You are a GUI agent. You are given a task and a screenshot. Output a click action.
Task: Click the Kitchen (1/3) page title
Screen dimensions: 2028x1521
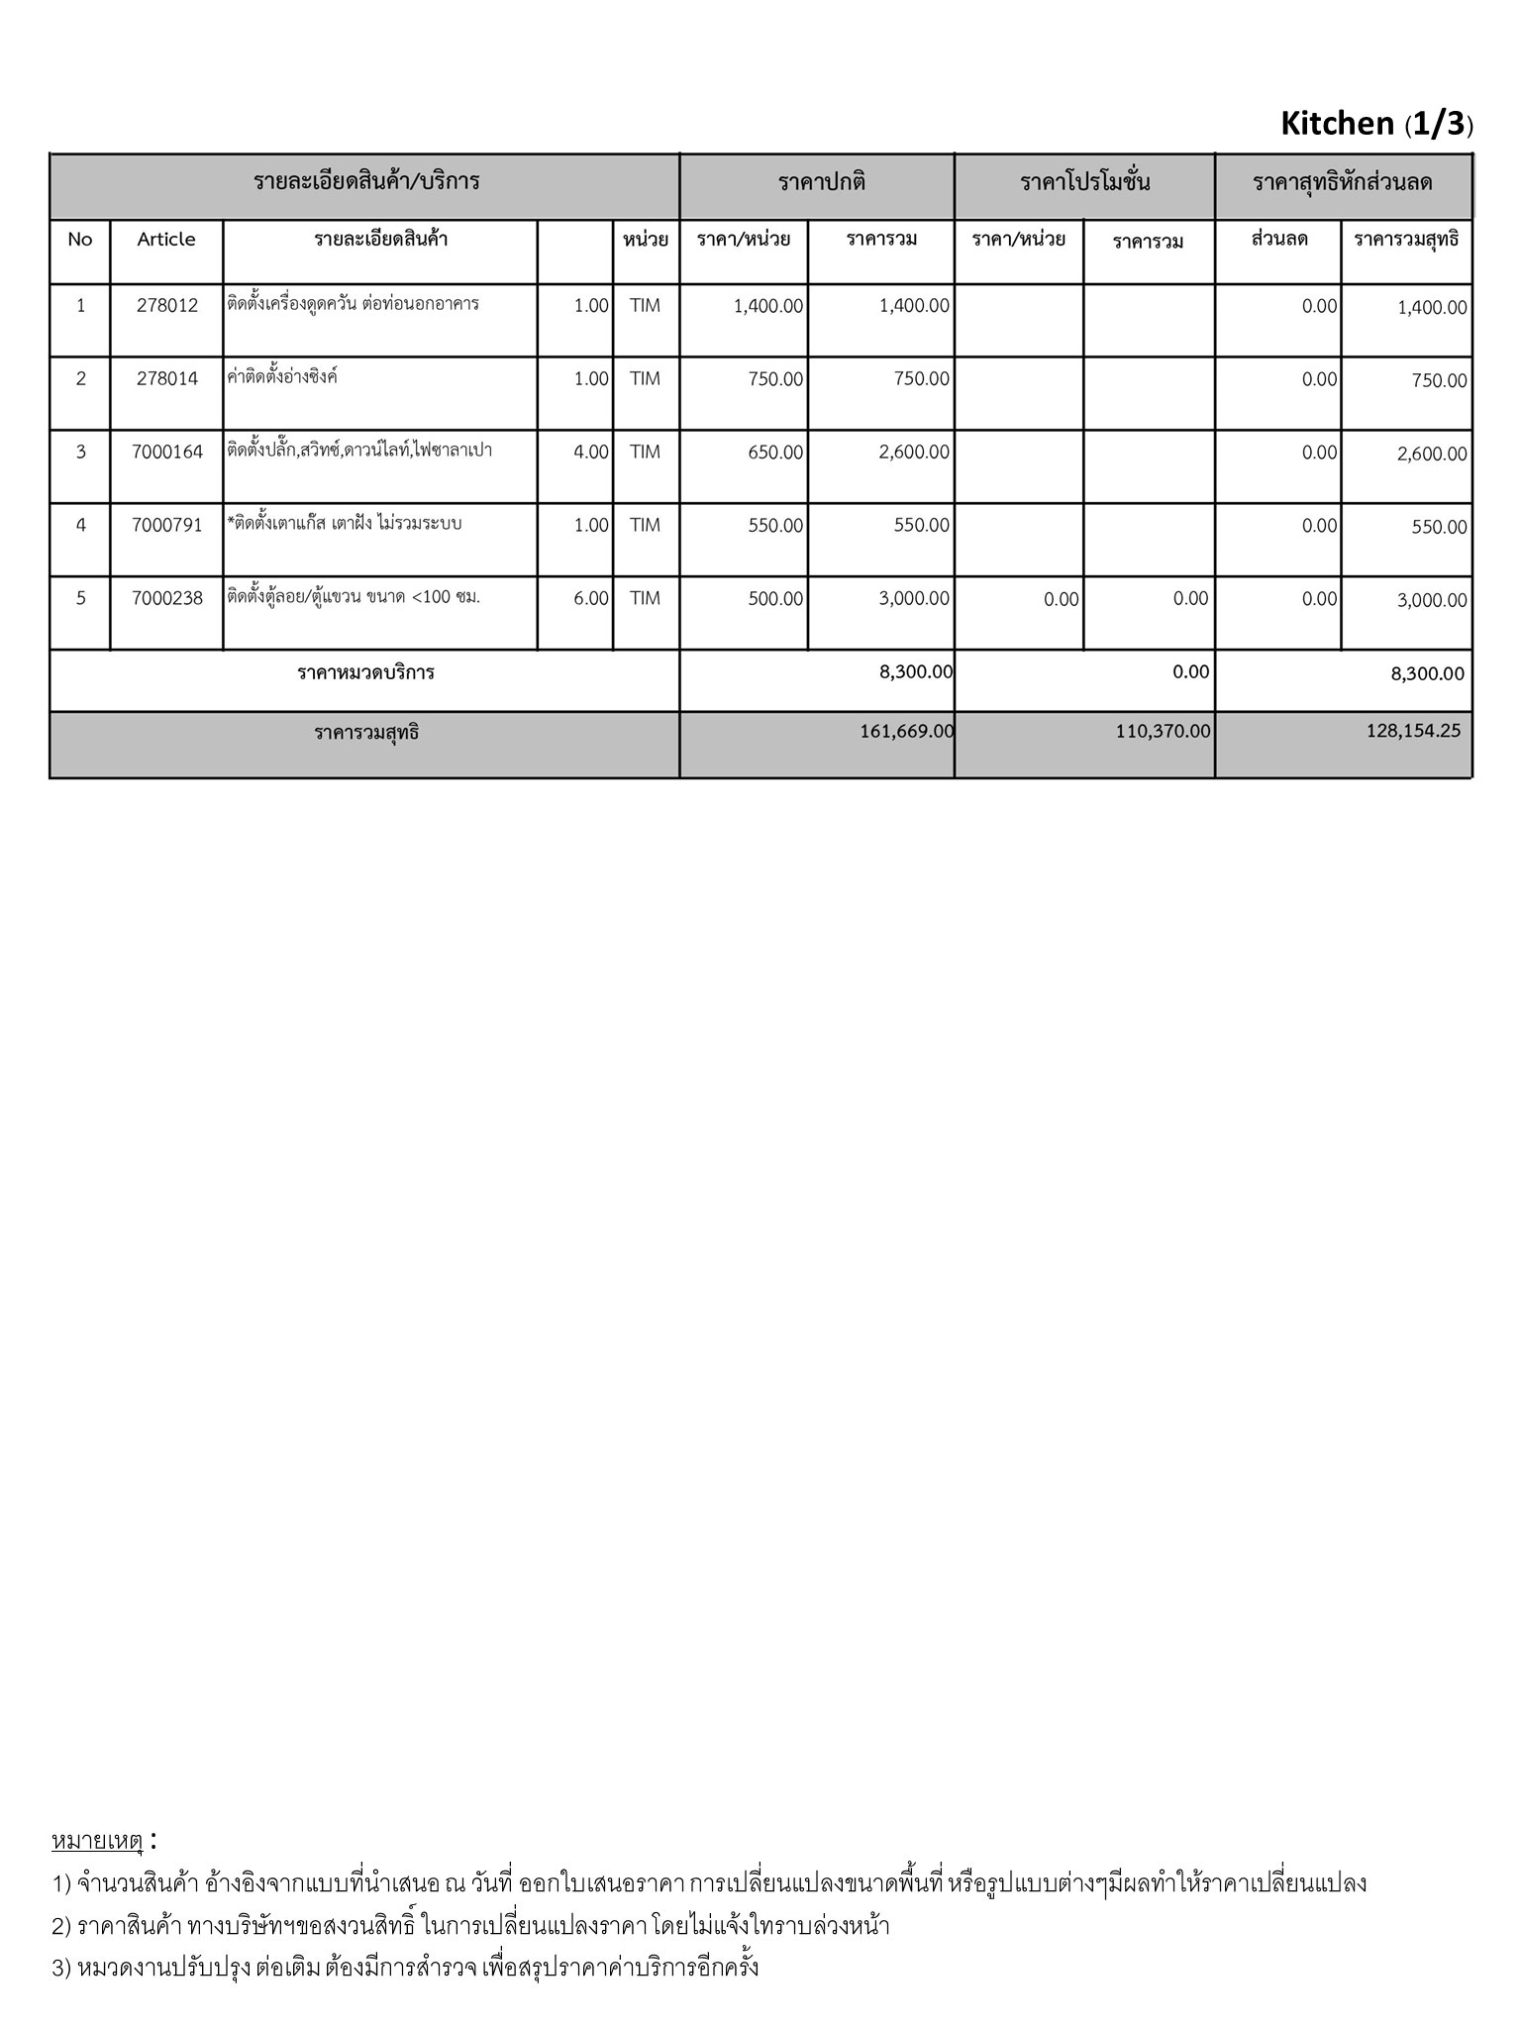1376,124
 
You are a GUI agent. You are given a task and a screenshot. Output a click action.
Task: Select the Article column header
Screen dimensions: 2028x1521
166,240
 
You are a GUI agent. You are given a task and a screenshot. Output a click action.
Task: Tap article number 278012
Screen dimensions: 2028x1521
166,306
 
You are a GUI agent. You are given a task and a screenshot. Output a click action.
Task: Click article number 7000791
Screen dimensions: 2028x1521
166,525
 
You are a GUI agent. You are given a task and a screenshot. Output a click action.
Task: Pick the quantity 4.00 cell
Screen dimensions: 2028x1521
590,453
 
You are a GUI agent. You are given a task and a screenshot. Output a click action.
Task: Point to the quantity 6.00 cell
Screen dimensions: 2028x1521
590,598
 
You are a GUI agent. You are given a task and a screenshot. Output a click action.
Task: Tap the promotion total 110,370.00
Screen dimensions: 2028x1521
1162,732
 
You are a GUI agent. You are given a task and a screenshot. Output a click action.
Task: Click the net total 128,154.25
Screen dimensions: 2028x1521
1412,732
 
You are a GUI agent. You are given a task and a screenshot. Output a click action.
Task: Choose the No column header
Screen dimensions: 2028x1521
80,240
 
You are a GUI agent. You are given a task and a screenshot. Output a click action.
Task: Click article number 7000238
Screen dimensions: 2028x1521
166,598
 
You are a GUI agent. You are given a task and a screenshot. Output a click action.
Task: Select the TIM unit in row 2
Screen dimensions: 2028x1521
645,379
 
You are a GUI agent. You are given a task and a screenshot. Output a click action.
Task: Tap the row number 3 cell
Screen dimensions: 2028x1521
81,453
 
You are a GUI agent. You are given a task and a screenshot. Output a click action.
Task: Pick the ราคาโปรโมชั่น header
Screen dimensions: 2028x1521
1085,183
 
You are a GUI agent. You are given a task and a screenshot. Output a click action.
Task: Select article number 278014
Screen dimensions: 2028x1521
166,379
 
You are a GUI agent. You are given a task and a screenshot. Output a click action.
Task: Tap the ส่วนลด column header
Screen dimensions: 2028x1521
1279,240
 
